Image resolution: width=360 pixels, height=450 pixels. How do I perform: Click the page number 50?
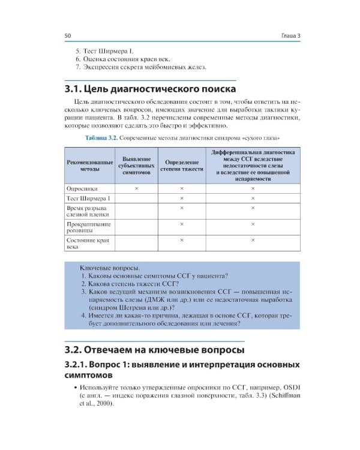[68, 36]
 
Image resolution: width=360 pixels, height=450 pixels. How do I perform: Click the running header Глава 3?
[290, 36]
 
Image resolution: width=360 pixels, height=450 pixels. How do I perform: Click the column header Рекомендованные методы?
[88, 166]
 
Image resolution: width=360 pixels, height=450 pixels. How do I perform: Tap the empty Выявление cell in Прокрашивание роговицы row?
[136, 228]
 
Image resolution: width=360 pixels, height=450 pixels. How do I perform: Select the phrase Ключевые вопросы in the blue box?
[110, 267]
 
